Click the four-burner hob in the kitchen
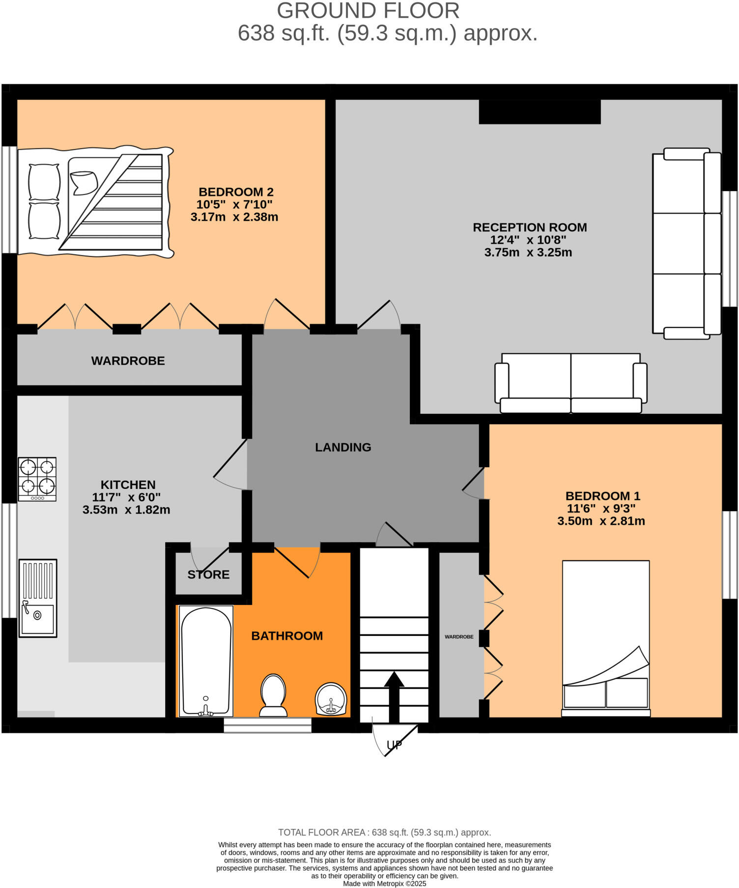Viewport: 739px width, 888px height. coord(37,479)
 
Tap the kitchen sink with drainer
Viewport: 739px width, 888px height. coord(38,598)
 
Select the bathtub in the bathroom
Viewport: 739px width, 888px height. coord(206,661)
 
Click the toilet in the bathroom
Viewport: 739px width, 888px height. coord(274,695)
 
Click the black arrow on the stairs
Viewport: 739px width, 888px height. coord(394,695)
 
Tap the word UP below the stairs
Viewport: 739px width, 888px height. coord(395,745)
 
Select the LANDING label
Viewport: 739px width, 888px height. coord(343,447)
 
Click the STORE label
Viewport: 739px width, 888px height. coord(208,574)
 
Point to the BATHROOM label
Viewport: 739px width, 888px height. coord(287,636)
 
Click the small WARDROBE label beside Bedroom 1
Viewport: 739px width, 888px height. coord(459,637)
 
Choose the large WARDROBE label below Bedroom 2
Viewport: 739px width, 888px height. coord(128,361)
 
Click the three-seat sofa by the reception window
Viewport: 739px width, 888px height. coord(687,243)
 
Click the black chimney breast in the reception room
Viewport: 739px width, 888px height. coord(540,112)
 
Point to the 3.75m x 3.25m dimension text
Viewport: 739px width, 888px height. coord(528,253)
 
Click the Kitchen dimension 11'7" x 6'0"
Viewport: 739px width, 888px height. coord(127,497)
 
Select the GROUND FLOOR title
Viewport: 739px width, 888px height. coord(368,11)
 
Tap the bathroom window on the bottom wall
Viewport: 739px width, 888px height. coord(267,725)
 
